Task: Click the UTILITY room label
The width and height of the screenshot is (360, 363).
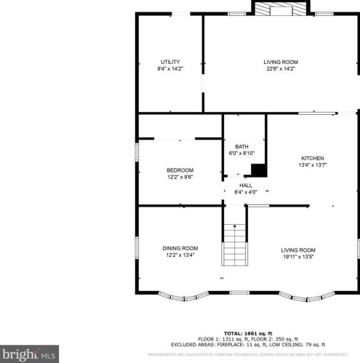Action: pos(170,62)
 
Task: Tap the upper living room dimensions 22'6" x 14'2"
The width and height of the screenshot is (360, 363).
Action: pos(281,70)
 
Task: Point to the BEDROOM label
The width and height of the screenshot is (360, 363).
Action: pos(180,170)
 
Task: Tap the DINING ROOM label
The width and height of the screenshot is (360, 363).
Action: pos(180,248)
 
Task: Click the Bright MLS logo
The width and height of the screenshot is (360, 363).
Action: pos(29,355)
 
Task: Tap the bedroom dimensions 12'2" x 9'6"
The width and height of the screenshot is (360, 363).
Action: pos(180,177)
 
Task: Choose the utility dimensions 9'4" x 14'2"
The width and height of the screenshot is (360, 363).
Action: pos(170,69)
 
